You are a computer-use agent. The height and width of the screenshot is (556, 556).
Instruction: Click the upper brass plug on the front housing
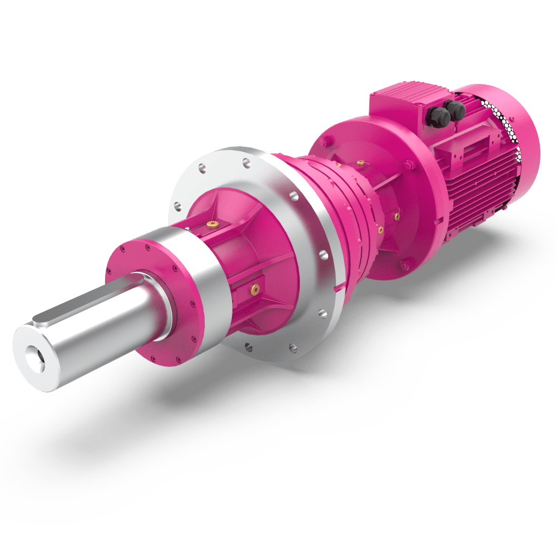[x=212, y=224]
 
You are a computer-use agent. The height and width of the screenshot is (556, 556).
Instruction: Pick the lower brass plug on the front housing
[x=255, y=288]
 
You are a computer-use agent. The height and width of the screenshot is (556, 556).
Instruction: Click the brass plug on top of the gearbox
[x=361, y=163]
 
